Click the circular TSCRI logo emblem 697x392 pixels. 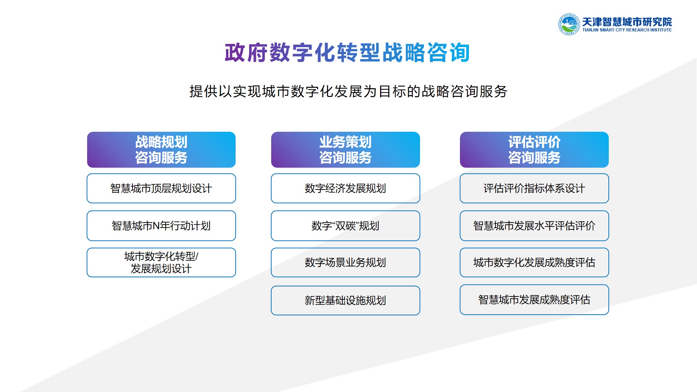569,24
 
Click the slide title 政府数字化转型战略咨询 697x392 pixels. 347,53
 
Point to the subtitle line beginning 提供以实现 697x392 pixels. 348,91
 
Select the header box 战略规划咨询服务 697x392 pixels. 161,150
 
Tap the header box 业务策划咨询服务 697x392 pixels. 345,150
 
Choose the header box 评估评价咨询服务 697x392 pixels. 534,150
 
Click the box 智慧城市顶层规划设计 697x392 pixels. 161,188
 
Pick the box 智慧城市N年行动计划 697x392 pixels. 161,226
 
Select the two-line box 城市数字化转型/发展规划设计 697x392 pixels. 161,262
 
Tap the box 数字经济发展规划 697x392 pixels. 345,188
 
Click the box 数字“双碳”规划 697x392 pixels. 345,226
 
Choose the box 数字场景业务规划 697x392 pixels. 345,262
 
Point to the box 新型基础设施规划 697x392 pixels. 345,301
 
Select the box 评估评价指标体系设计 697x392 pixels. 534,188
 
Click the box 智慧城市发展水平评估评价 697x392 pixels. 534,226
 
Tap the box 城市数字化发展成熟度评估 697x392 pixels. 534,262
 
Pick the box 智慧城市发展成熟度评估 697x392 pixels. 534,300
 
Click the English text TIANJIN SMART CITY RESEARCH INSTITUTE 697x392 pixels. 627,30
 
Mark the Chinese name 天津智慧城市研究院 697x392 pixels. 627,22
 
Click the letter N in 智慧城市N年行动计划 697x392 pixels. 156,226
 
